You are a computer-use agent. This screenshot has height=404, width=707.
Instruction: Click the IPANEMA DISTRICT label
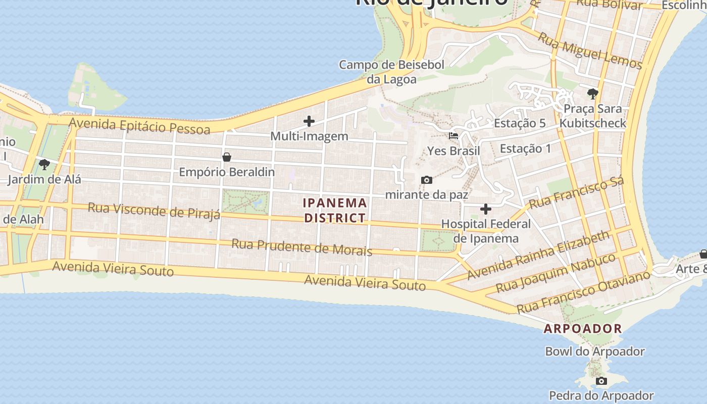335,211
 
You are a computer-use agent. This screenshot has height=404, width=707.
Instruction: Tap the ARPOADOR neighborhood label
583,329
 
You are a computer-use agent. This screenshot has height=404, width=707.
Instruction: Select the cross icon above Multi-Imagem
309,121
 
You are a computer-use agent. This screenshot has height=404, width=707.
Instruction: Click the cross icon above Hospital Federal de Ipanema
486,209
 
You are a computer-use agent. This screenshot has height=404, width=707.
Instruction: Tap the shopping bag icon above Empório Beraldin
227,157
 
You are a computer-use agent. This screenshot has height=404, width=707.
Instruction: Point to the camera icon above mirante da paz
427,180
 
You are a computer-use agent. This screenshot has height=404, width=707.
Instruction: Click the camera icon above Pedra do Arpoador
601,381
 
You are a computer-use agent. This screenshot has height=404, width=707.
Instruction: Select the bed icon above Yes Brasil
453,136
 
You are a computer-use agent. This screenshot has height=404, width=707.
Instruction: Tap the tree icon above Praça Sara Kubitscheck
592,93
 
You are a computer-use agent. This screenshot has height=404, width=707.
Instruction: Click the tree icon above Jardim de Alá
44,164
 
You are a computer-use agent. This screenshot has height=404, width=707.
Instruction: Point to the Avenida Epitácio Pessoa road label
139,126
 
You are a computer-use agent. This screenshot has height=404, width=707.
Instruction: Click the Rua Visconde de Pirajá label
154,211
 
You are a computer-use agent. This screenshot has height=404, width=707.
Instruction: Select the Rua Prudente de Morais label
301,247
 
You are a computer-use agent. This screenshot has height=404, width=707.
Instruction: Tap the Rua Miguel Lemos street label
589,50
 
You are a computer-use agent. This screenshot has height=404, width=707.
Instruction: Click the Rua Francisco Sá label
576,192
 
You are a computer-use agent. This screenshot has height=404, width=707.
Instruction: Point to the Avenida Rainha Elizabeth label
538,256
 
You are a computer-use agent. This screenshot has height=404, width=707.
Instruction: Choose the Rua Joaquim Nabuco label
555,273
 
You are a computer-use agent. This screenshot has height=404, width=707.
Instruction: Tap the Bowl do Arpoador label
594,351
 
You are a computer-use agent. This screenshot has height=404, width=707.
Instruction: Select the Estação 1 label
525,148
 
